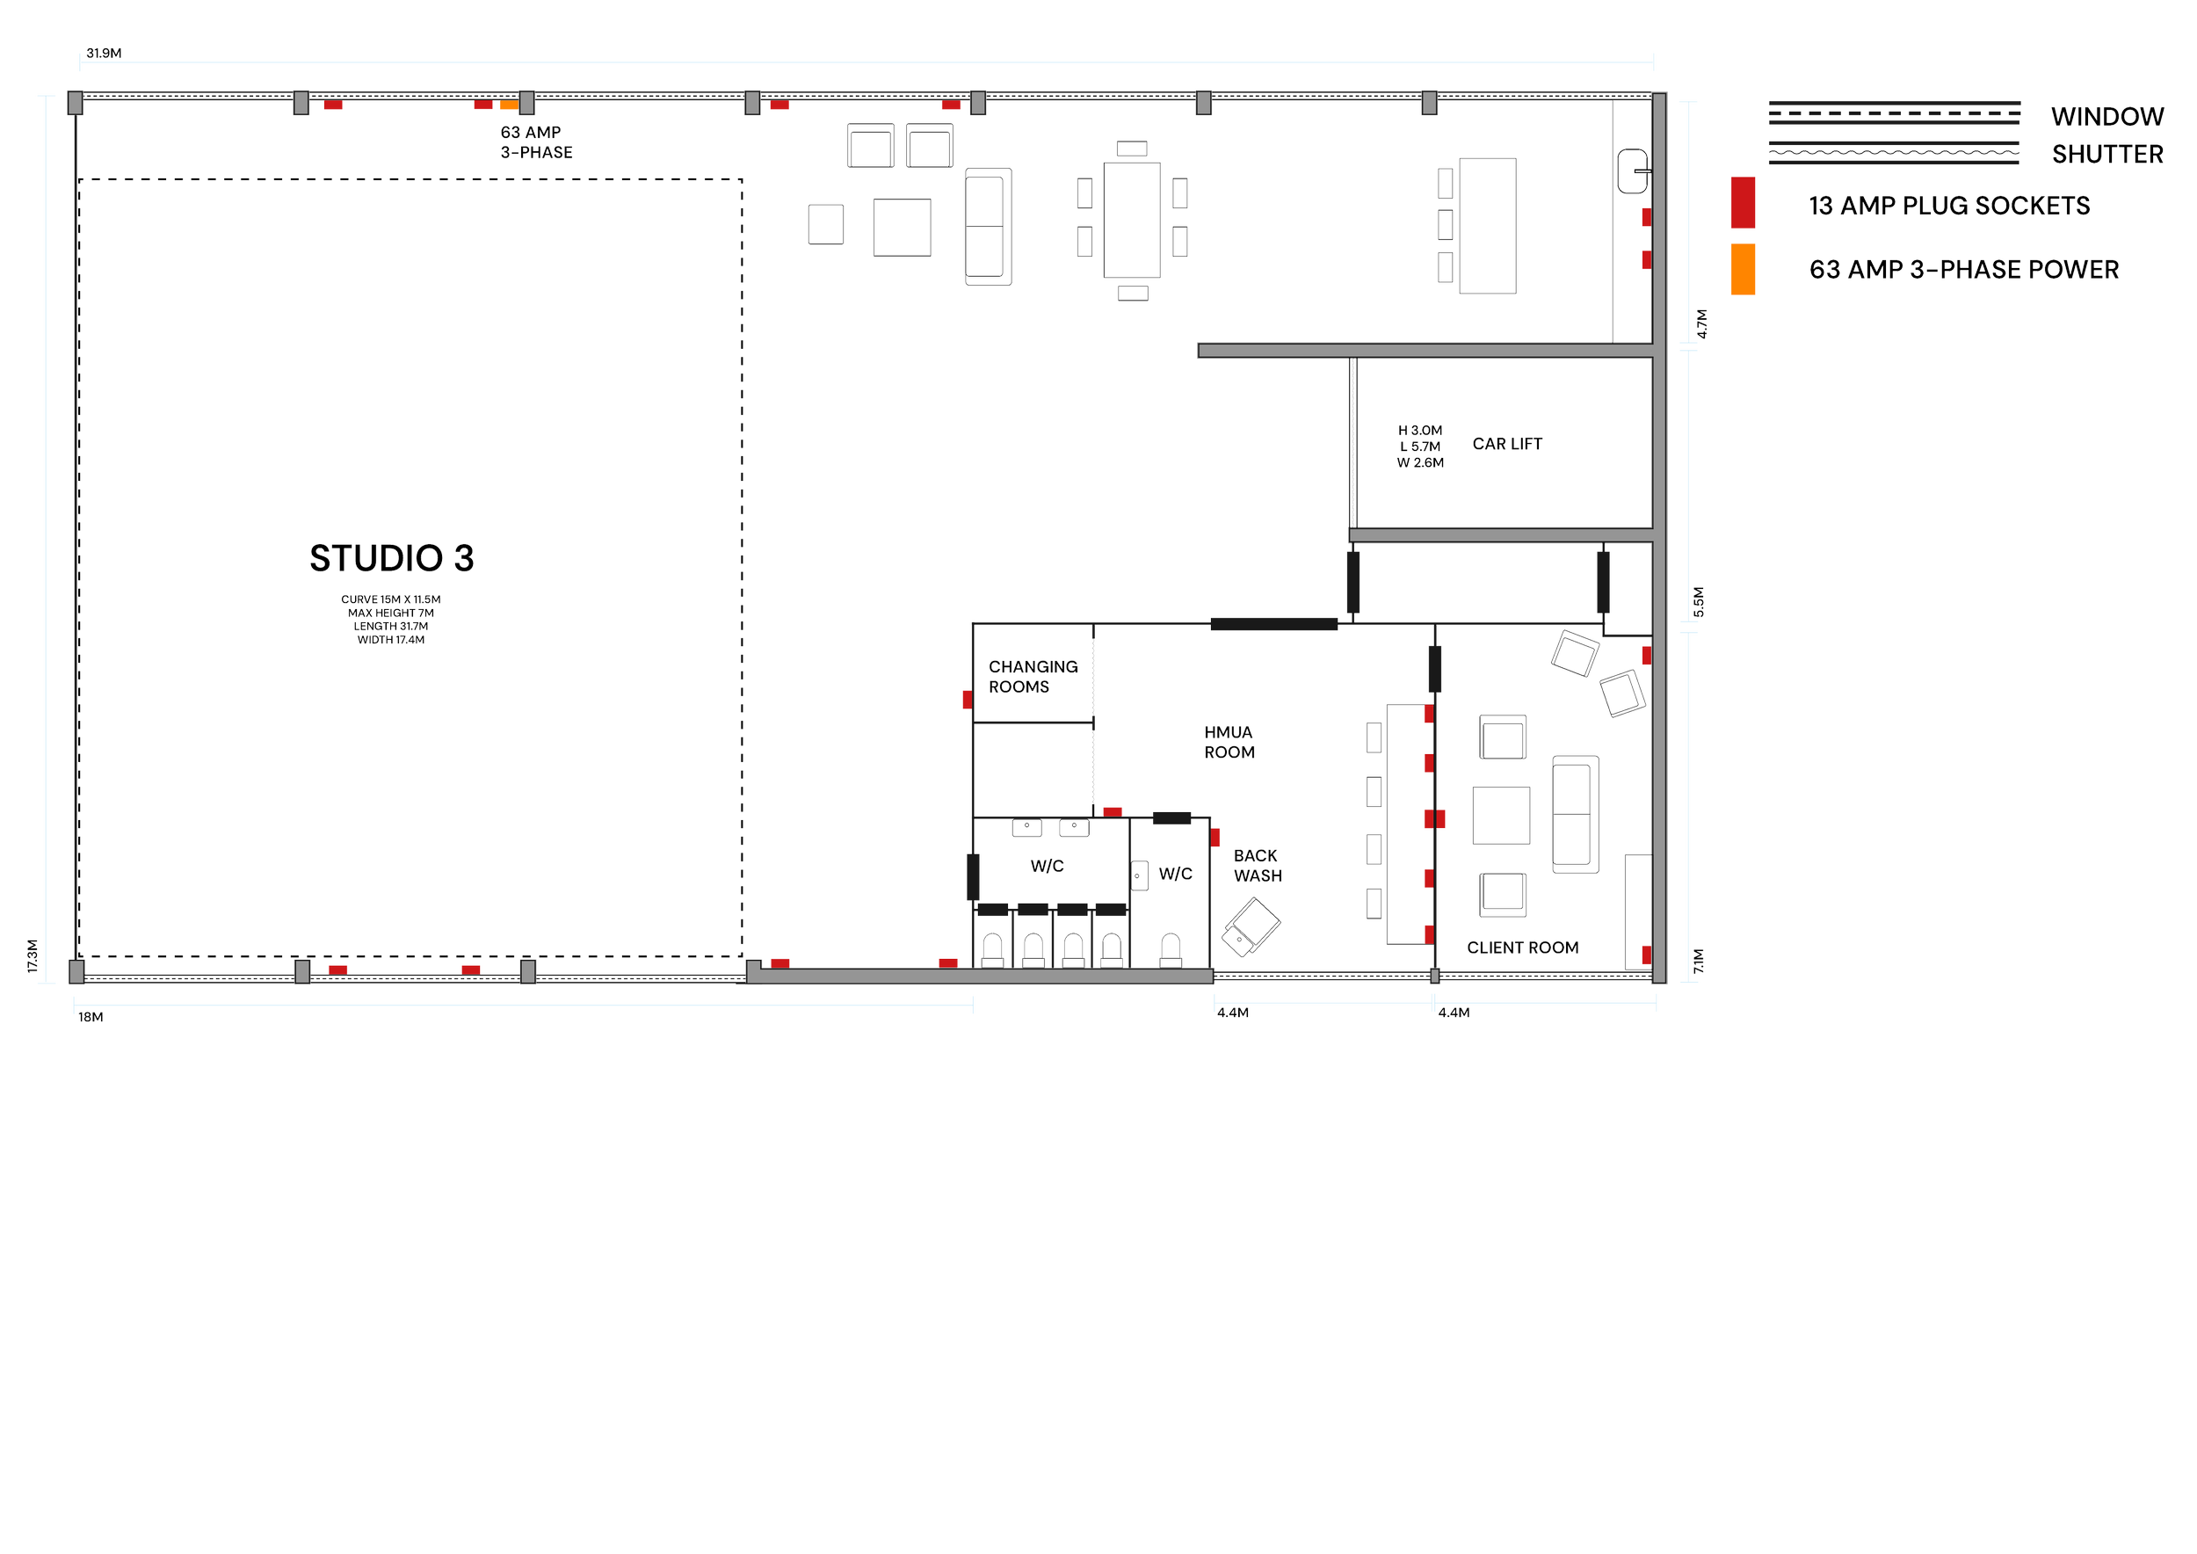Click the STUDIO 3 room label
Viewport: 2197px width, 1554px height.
click(391, 558)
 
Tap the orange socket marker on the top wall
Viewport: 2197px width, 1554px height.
click(508, 105)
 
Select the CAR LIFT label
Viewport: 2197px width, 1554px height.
click(1506, 444)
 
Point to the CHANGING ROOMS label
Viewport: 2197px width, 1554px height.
click(1032, 677)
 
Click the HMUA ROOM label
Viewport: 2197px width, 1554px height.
click(1229, 743)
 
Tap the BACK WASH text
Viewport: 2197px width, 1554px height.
click(1257, 865)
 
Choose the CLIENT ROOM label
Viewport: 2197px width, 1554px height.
click(1521, 948)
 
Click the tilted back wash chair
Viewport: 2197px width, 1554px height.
click(1251, 926)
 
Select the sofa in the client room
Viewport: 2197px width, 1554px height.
click(1575, 813)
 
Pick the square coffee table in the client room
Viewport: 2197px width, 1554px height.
click(1500, 814)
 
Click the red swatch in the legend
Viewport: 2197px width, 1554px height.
click(1743, 203)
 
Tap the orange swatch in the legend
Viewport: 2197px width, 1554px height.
click(1743, 269)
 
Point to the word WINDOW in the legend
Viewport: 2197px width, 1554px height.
click(2107, 118)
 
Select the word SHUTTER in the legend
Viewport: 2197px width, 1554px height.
click(2107, 154)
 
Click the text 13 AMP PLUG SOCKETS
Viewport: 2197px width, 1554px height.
click(1948, 206)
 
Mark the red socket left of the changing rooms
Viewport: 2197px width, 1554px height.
click(967, 700)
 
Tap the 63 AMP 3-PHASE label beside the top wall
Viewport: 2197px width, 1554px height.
click(535, 142)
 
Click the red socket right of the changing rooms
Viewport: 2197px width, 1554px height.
click(1112, 811)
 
